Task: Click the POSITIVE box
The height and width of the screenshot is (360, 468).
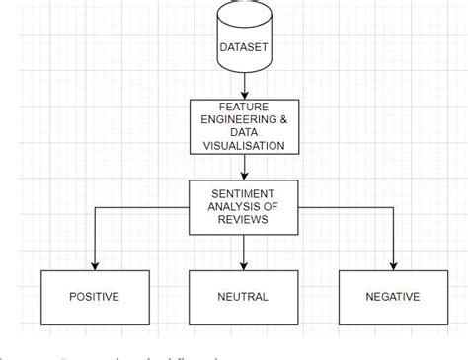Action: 95,295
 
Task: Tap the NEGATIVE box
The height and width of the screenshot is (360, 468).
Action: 392,295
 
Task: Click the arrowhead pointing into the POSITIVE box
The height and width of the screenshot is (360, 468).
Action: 95,264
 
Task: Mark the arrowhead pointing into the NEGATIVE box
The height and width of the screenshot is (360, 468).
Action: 393,264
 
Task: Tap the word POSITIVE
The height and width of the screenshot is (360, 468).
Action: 95,296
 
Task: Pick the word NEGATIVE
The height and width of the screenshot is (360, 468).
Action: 392,296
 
